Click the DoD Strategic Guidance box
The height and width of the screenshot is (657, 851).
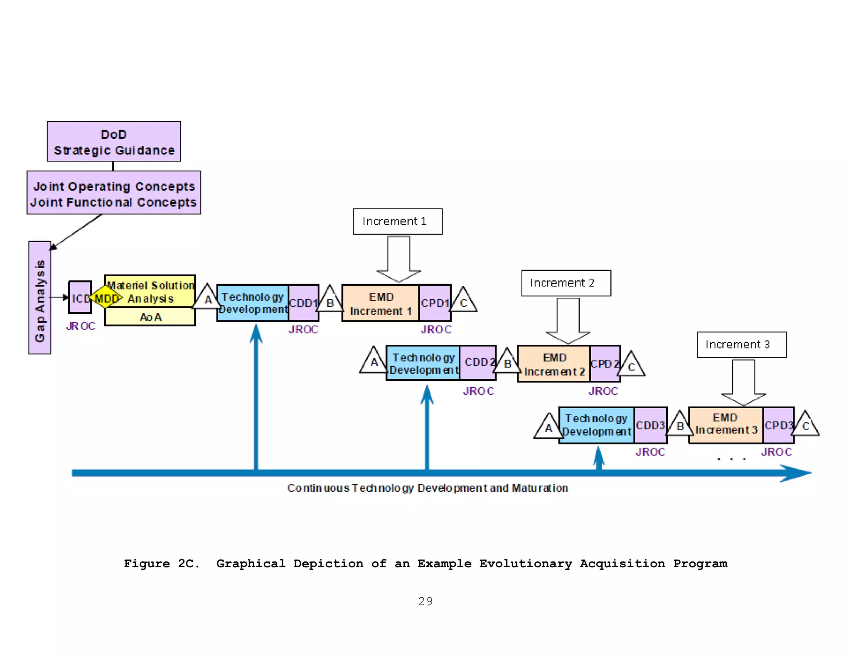click(113, 142)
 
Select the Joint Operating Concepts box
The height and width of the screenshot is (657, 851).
click(113, 193)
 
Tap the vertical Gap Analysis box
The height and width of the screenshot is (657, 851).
click(40, 297)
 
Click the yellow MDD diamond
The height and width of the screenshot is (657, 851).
click(106, 298)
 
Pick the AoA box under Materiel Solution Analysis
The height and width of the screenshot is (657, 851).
click(150, 317)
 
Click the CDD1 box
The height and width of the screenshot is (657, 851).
click(303, 303)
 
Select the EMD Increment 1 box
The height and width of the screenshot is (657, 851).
click(381, 303)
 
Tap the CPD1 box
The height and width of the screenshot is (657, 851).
click(435, 303)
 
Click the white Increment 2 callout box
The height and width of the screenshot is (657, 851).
click(566, 283)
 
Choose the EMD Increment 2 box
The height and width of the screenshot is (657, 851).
click(554, 364)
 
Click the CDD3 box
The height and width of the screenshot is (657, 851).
click(651, 425)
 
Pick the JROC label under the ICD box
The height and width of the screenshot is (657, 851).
click(81, 326)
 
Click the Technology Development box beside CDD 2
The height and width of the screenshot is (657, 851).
click(423, 363)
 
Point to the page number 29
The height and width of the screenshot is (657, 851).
click(425, 601)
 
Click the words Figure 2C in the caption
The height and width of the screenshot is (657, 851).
click(162, 564)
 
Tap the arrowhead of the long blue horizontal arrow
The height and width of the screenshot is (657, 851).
click(796, 473)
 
